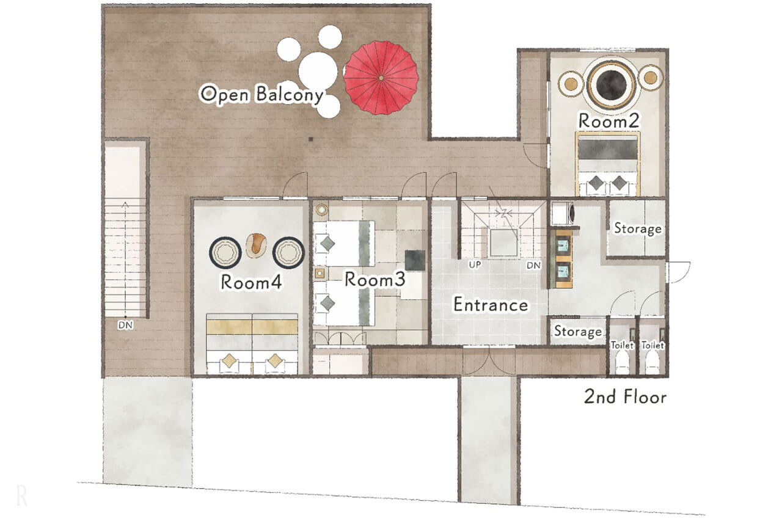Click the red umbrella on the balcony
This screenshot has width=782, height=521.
(x=381, y=78)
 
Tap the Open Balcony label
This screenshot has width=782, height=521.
(x=261, y=94)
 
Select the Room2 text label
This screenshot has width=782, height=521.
(x=609, y=121)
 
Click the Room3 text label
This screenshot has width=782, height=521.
(x=375, y=280)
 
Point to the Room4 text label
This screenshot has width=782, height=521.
(x=251, y=282)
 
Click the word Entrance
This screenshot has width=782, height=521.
(x=491, y=305)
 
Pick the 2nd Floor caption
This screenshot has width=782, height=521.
(x=625, y=397)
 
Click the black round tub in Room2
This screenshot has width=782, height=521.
(x=612, y=85)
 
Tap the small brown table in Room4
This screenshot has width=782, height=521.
(x=257, y=246)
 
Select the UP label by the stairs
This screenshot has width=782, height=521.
(x=475, y=265)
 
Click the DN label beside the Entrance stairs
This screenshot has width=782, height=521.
(x=533, y=266)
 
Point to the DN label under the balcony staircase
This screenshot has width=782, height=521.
(x=125, y=325)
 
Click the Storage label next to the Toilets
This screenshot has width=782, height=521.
(x=578, y=331)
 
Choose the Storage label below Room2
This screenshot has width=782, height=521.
(x=638, y=228)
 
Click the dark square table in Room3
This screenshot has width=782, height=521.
(x=415, y=260)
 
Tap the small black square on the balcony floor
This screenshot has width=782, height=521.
(x=311, y=139)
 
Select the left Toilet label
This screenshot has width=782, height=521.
(x=622, y=346)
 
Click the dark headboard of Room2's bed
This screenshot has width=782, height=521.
(x=608, y=148)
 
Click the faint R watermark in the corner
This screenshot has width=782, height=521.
(x=21, y=496)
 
